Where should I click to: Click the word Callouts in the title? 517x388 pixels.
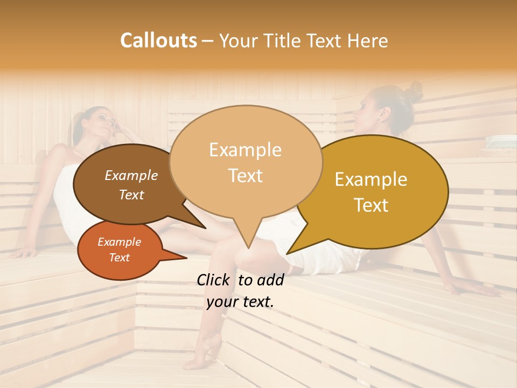pyautogui.click(x=158, y=40)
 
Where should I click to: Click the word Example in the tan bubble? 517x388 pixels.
pyautogui.click(x=245, y=150)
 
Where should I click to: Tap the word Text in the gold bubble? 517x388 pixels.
pyautogui.click(x=371, y=205)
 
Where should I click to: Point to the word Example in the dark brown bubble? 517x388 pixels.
pyautogui.click(x=131, y=176)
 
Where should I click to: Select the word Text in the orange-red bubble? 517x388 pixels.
pyautogui.click(x=119, y=258)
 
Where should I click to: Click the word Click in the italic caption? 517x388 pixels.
pyautogui.click(x=214, y=280)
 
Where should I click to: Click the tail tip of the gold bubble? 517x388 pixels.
pyautogui.click(x=289, y=252)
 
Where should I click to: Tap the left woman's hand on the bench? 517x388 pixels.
pyautogui.click(x=25, y=252)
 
